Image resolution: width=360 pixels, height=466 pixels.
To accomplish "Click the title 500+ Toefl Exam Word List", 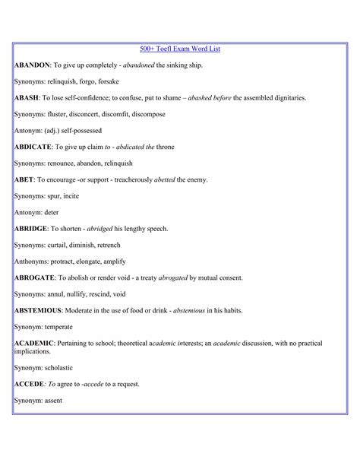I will [180, 49].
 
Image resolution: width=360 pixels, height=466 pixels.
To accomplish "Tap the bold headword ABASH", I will [27, 98].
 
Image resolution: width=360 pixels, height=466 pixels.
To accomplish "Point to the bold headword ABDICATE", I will [33, 146].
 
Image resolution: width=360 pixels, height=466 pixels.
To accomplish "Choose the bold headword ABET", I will [24, 179].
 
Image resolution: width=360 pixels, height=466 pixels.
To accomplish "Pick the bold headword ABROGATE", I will [35, 277].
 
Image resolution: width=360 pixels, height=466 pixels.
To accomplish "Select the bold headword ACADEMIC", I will [34, 343].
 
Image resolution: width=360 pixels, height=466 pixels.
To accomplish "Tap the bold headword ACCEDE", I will [30, 384].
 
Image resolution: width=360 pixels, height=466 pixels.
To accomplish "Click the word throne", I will [165, 146].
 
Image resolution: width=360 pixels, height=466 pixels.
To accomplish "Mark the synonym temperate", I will [58, 327].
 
